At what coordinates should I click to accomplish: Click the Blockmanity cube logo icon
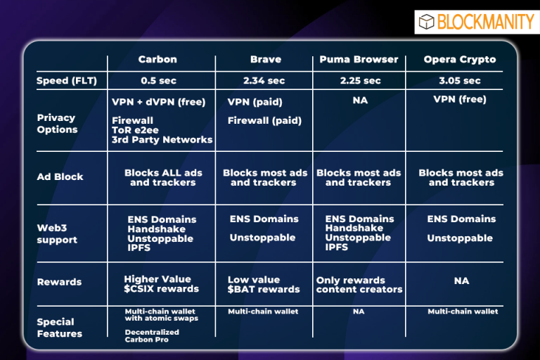pyautogui.click(x=426, y=22)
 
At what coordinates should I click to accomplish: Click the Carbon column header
pyautogui.click(x=157, y=59)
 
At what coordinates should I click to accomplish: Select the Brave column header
pyautogui.click(x=266, y=59)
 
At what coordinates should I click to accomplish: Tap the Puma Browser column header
pyautogui.click(x=359, y=59)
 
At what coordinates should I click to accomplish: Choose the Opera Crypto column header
pyautogui.click(x=460, y=60)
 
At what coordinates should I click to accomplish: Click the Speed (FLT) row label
pyautogui.click(x=67, y=81)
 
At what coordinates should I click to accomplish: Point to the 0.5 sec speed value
pyautogui.click(x=158, y=81)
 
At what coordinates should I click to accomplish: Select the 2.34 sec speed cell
pyautogui.click(x=264, y=81)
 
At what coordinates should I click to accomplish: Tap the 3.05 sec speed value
pyautogui.click(x=460, y=81)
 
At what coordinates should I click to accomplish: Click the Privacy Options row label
pyautogui.click(x=57, y=123)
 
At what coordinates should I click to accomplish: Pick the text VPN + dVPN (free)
pyautogui.click(x=158, y=102)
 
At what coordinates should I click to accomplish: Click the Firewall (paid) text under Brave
pyautogui.click(x=264, y=120)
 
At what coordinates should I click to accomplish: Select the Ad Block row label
pyautogui.click(x=60, y=176)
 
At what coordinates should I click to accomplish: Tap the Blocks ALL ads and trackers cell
pyautogui.click(x=163, y=177)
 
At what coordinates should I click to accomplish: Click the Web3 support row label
pyautogui.click(x=57, y=233)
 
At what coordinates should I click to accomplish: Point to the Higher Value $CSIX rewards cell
pyautogui.click(x=161, y=284)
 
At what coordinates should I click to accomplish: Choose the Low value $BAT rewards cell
pyautogui.click(x=264, y=285)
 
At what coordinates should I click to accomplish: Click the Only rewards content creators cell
pyautogui.click(x=359, y=285)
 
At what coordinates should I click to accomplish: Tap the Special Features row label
pyautogui.click(x=60, y=328)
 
